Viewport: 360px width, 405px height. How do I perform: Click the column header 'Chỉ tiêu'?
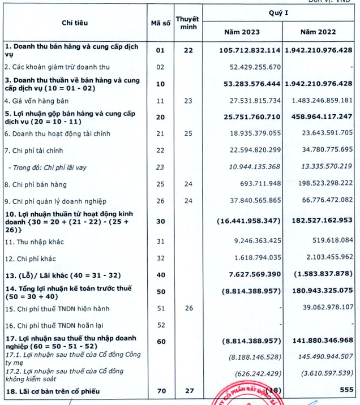click(x=75, y=23)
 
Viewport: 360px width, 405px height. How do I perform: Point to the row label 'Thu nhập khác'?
click(x=35, y=242)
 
